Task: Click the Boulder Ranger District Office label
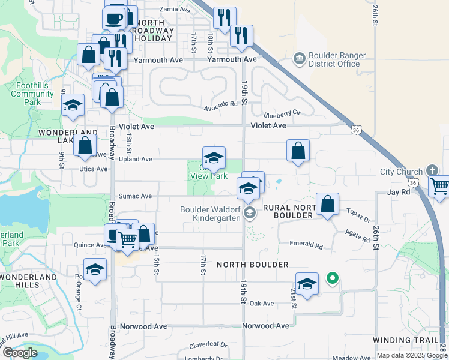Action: click(334, 59)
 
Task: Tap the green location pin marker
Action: click(331, 278)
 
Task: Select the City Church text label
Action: click(402, 172)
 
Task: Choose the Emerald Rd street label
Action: click(306, 246)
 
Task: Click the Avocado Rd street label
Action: click(221, 104)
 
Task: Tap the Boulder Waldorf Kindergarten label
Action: click(210, 214)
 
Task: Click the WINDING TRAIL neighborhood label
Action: click(406, 340)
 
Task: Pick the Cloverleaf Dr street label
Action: click(208, 345)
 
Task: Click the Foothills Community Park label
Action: click(32, 94)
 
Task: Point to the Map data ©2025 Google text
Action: click(412, 355)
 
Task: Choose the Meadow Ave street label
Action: click(352, 358)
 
